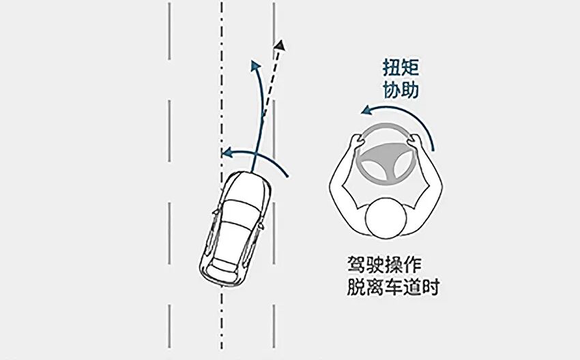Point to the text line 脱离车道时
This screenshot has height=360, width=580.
[x=392, y=287]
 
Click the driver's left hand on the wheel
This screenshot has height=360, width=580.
[x=356, y=142]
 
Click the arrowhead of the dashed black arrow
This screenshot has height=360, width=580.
[x=279, y=46]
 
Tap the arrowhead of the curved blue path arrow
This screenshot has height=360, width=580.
[x=255, y=64]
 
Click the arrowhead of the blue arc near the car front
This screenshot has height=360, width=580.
[x=225, y=152]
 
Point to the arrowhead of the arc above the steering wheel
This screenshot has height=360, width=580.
[x=365, y=109]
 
